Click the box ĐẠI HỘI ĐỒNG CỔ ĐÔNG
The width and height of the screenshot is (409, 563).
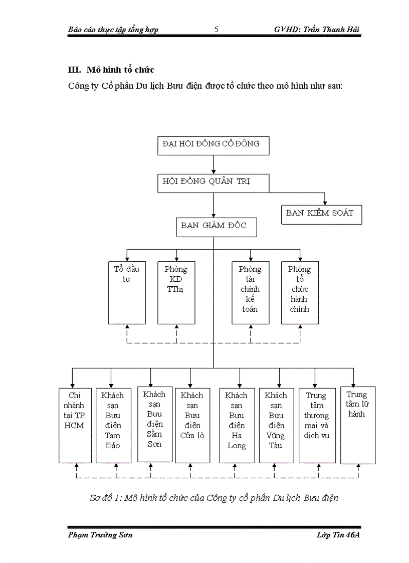tap(213, 145)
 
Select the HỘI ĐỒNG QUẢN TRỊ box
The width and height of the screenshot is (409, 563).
tap(213, 183)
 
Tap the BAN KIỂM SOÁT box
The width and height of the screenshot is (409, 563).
tap(321, 214)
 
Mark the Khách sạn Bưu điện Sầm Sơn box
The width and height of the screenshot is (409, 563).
tap(154, 424)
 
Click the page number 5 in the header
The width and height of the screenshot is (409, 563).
tap(216, 30)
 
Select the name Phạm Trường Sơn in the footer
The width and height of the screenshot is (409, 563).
tap(100, 535)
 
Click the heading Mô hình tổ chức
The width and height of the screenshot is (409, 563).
tap(120, 70)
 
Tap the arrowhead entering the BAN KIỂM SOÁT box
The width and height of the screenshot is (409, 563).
tap(325, 202)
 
